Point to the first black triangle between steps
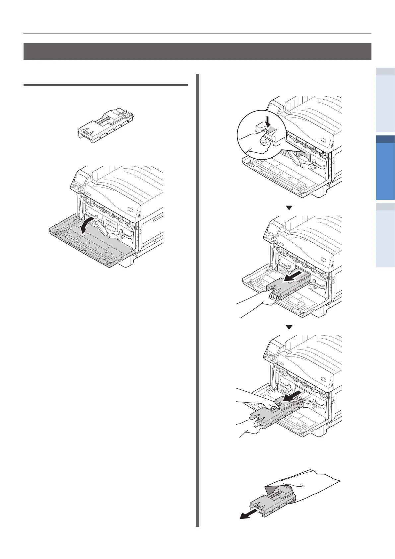289,208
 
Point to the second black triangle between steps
289,327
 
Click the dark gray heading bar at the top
197,51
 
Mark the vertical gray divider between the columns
198,299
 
